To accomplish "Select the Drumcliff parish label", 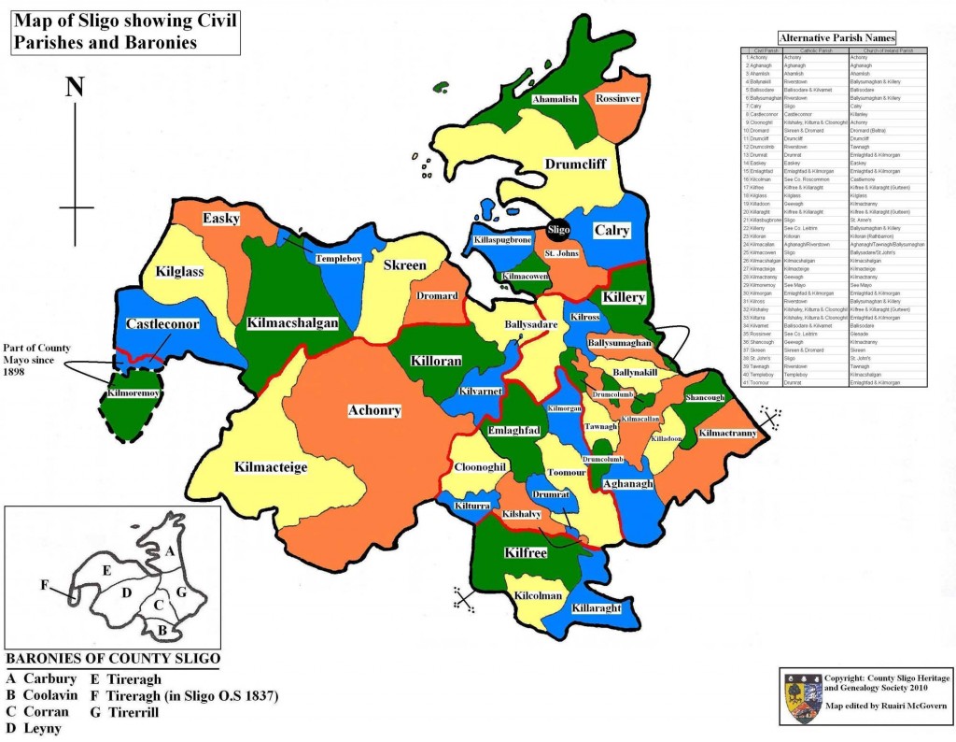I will point(575,165).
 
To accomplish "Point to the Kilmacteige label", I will point(271,466).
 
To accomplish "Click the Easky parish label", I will point(222,219).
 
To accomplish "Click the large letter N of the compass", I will point(76,87).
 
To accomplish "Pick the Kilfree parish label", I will point(526,553).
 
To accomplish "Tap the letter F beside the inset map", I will point(44,585).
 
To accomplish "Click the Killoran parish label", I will point(432,358).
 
